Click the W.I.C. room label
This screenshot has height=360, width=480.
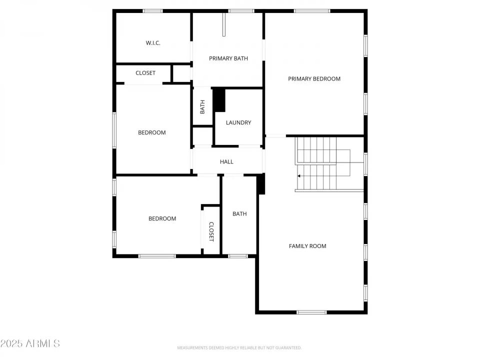click(153, 43)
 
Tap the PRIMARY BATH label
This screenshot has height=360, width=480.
click(228, 58)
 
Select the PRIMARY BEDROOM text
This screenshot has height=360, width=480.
click(314, 78)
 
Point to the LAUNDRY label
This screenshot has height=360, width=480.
click(238, 122)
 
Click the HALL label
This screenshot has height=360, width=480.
click(226, 161)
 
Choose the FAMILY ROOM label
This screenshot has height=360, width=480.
click(307, 246)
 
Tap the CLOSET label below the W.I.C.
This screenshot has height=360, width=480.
click(145, 73)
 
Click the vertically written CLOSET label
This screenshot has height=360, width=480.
click(211, 231)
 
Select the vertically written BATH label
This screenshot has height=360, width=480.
click(202, 106)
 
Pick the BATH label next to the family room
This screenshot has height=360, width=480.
click(239, 214)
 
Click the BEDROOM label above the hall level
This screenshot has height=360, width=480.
click(152, 132)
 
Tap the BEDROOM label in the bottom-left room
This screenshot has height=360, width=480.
click(162, 218)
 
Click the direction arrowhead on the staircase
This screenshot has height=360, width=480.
click(299, 176)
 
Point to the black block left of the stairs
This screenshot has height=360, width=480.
click(260, 184)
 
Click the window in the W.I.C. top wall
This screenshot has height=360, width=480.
click(152, 10)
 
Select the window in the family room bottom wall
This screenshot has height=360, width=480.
click(311, 312)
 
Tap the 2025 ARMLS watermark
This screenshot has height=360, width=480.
click(30, 343)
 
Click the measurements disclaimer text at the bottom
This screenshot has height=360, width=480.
click(239, 347)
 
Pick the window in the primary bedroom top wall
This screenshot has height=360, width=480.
click(312, 10)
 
